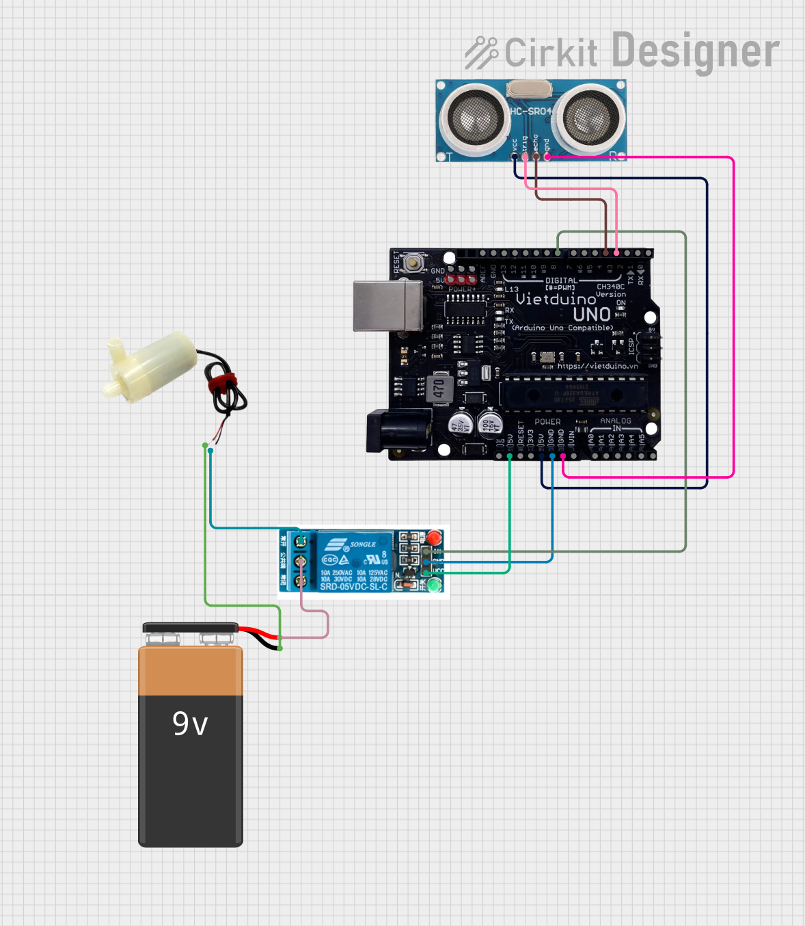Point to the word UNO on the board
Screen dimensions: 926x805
[x=592, y=315]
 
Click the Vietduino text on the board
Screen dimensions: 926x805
[x=556, y=300]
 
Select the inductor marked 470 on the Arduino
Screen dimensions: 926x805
[x=439, y=388]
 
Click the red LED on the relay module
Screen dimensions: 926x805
[x=434, y=538]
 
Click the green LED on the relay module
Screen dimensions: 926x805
[x=433, y=585]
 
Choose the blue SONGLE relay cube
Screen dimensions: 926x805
[x=353, y=560]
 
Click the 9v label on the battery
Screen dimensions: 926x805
[x=190, y=724]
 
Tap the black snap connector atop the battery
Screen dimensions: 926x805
[x=190, y=628]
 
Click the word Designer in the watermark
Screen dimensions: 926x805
[x=695, y=51]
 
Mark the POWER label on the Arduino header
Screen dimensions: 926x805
[x=547, y=422]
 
